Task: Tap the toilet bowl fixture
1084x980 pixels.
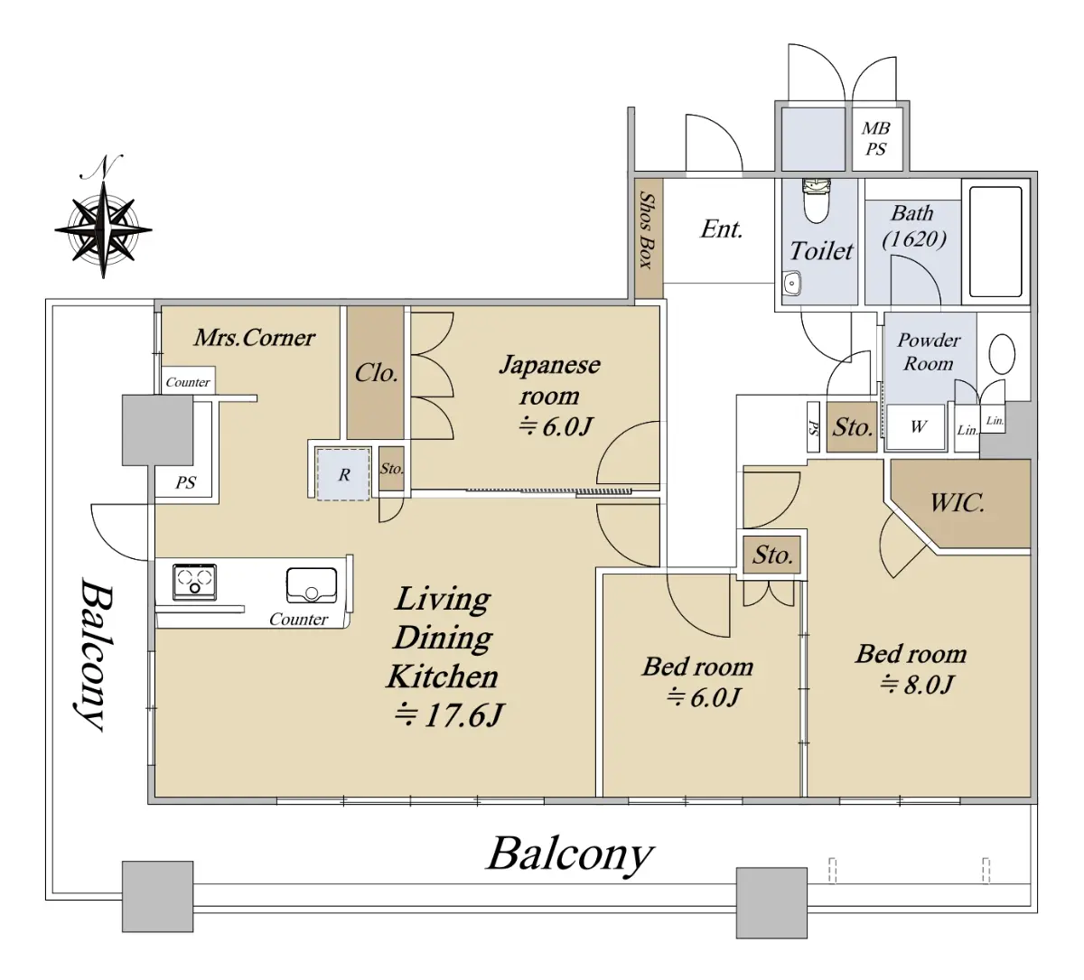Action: pos(816,201)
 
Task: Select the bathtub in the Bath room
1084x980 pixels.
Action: pos(995,241)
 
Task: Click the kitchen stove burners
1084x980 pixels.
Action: pos(194,582)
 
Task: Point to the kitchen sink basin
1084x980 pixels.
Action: pos(312,584)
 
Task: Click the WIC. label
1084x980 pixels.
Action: pos(957,503)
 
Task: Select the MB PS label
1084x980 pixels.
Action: pos(876,138)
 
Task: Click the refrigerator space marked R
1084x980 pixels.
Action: pos(343,474)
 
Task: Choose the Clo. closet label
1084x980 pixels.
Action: pos(376,373)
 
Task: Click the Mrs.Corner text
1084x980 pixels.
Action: pos(254,338)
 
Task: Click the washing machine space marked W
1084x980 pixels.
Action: pos(918,427)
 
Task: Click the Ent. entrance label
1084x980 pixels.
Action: pos(722,229)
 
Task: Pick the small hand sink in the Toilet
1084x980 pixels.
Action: pos(791,284)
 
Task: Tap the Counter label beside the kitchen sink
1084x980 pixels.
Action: pos(298,619)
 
